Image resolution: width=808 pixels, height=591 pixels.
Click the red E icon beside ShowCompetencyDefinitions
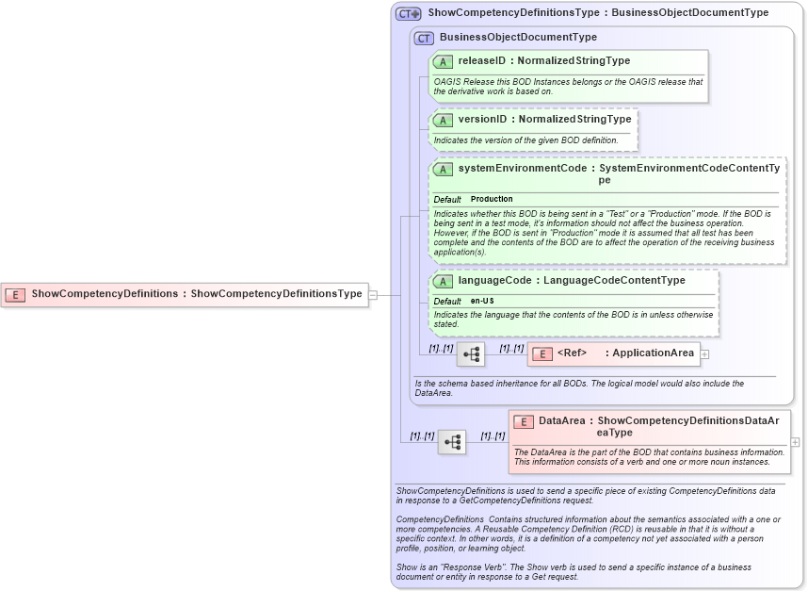pyautogui.click(x=16, y=294)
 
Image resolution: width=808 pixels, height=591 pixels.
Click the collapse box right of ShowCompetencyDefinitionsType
pyautogui.click(x=373, y=294)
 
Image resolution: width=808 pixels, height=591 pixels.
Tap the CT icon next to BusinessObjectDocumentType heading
pyautogui.click(x=425, y=38)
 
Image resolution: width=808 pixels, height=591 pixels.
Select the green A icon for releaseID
pyautogui.click(x=443, y=61)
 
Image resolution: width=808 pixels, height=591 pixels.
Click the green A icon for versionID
pyautogui.click(x=443, y=121)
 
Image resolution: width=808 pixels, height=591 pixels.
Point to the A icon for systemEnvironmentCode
pyautogui.click(x=443, y=170)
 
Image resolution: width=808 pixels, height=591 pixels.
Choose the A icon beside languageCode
pyautogui.click(x=443, y=281)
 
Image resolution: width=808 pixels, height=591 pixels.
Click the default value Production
pyautogui.click(x=492, y=200)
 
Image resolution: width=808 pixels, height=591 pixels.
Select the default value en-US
pyautogui.click(x=482, y=301)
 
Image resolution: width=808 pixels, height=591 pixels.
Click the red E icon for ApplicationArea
pyautogui.click(x=542, y=354)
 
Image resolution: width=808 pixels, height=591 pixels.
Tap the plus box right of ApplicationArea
pyautogui.click(x=704, y=354)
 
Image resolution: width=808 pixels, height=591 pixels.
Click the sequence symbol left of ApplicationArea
pyautogui.click(x=471, y=354)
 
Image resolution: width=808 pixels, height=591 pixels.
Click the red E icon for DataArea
pyautogui.click(x=524, y=421)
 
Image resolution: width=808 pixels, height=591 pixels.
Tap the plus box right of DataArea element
pyautogui.click(x=796, y=442)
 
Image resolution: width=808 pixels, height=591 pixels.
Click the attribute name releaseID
pyautogui.click(x=481, y=61)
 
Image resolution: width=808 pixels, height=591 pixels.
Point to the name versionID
pyautogui.click(x=481, y=121)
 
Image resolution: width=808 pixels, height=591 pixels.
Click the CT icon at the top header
pyautogui.click(x=408, y=14)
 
